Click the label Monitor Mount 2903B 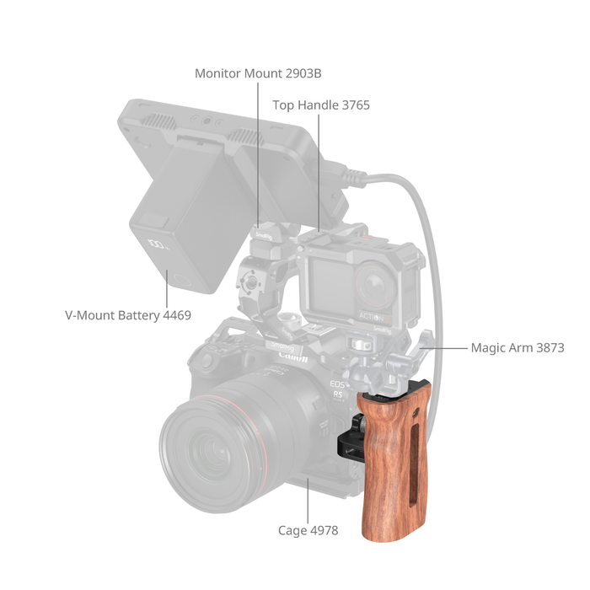[258, 73]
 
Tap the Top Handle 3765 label [321, 105]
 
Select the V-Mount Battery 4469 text [128, 315]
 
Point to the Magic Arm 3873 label [518, 347]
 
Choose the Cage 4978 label [308, 530]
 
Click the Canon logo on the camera [293, 357]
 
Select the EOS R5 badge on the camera [337, 389]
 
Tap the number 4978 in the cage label [323, 530]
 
